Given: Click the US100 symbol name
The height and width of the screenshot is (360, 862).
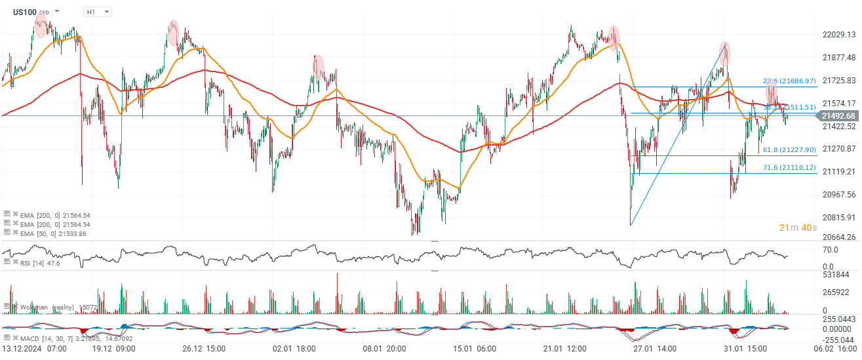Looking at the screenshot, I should (x=24, y=12).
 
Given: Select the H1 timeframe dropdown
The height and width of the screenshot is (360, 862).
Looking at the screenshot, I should (x=98, y=12).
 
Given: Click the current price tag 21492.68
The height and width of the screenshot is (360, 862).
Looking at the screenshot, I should (x=837, y=116).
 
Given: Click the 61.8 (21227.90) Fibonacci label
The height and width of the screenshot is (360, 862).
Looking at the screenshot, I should (x=789, y=150).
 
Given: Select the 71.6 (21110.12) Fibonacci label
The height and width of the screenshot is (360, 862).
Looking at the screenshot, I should (x=789, y=168).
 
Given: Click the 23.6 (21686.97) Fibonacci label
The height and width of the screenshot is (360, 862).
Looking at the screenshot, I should (x=789, y=81).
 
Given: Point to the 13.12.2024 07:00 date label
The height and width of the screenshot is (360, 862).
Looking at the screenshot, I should (x=34, y=349).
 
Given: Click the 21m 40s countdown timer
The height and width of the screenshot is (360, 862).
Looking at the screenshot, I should (x=798, y=228).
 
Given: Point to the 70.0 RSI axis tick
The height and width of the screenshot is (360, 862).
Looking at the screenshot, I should (x=831, y=250).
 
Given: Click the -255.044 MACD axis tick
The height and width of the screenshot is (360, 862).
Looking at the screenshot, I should (x=838, y=340).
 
